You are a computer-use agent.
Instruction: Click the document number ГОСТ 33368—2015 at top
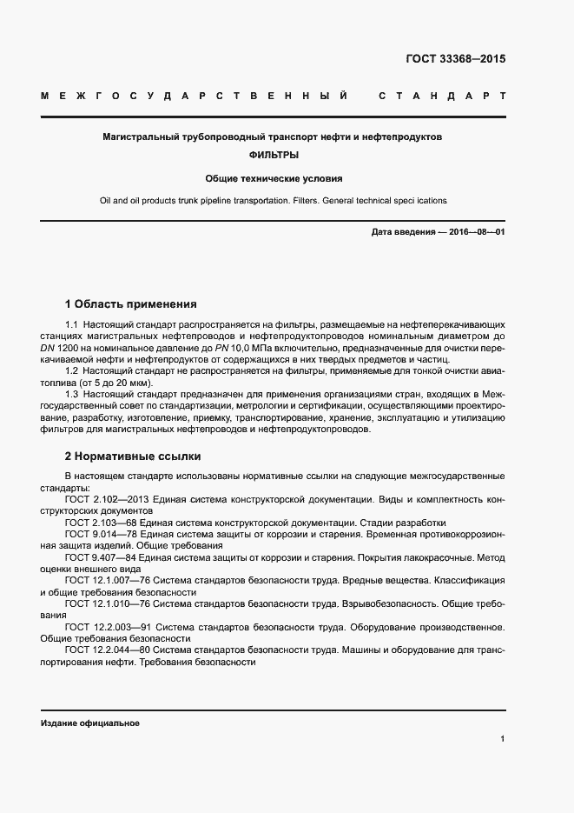coord(455,60)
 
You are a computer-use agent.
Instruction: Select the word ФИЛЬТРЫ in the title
coord(274,157)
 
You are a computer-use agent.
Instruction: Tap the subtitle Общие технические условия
coord(274,179)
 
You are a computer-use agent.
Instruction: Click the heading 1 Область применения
coord(130,304)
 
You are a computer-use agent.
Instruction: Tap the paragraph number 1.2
coord(72,371)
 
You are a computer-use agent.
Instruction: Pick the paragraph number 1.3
coord(72,394)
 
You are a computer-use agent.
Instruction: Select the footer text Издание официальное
coord(90,723)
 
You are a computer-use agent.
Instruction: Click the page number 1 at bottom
coord(503,739)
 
